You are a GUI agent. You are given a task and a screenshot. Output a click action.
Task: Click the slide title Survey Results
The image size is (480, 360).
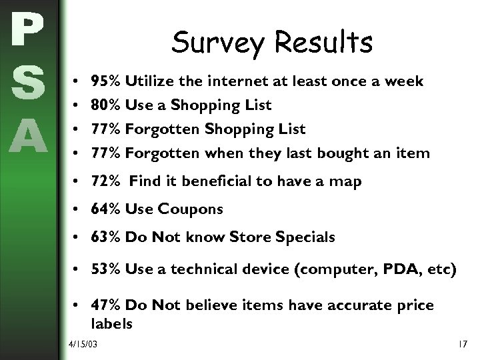[x=271, y=43]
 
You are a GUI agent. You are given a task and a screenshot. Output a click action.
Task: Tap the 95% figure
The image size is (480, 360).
[x=105, y=81]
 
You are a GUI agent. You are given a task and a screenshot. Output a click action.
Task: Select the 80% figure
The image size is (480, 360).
[x=105, y=105]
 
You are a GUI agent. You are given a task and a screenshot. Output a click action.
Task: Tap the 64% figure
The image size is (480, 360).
[x=105, y=209]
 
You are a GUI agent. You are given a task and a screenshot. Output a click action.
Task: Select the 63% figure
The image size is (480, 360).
[x=105, y=237]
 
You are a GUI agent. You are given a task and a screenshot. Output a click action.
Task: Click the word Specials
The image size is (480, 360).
[x=306, y=237]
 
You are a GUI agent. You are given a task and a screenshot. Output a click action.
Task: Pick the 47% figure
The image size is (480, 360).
[x=105, y=305]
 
